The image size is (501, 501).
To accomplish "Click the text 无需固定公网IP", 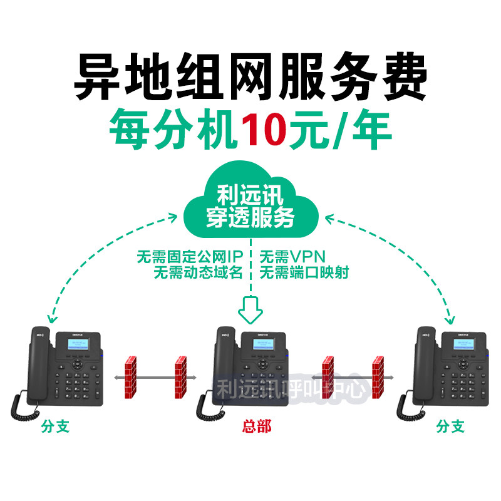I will [x=189, y=256].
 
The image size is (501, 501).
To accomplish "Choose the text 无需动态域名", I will [x=197, y=272].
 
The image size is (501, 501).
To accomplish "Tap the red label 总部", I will [x=257, y=427].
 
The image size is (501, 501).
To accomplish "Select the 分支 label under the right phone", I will [x=451, y=427].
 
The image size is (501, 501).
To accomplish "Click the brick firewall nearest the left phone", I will [x=130, y=377].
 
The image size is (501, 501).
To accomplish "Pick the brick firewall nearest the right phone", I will [x=377, y=377].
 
